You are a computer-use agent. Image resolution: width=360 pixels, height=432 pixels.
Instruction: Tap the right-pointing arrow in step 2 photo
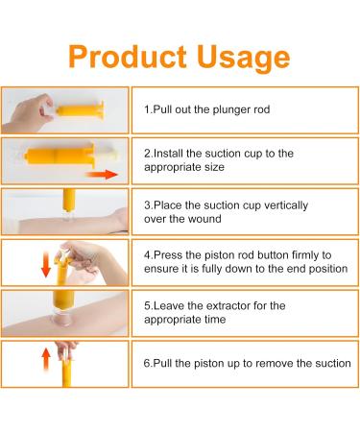pos(110,175)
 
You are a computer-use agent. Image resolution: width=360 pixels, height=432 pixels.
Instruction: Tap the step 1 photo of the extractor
pos(61,109)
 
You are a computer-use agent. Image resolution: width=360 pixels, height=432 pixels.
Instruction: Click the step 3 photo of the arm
pos(61,210)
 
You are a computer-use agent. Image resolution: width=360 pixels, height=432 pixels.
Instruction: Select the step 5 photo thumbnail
pos(61,314)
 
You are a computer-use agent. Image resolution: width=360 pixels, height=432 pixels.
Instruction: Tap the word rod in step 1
pos(258,110)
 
